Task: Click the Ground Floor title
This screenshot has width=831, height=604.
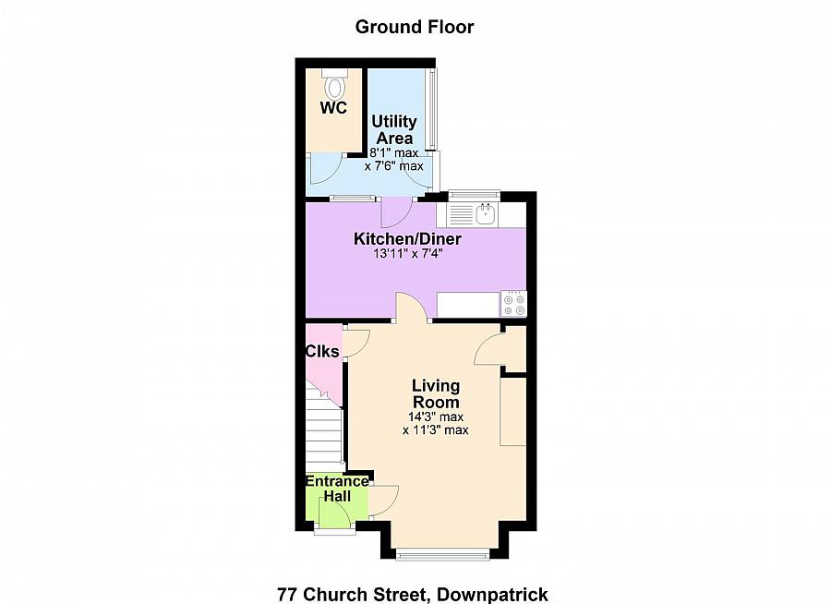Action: click(x=415, y=27)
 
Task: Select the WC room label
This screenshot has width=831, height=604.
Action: click(x=333, y=108)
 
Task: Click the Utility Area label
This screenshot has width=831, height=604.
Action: click(x=394, y=129)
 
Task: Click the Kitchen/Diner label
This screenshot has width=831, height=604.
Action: click(x=407, y=239)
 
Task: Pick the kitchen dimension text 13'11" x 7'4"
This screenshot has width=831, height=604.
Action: click(x=407, y=255)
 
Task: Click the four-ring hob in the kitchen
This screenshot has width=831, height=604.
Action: click(x=513, y=304)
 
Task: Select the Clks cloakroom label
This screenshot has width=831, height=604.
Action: click(x=322, y=351)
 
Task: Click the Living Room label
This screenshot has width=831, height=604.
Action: click(x=436, y=393)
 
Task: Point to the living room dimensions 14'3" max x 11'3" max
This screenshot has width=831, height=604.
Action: click(x=437, y=423)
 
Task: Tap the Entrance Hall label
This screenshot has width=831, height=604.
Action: click(x=337, y=489)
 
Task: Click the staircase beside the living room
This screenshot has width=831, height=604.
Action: click(x=325, y=429)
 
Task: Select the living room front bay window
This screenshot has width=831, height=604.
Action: click(x=442, y=554)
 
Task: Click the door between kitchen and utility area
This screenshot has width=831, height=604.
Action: click(x=395, y=211)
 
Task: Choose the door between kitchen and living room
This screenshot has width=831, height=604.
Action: click(x=412, y=308)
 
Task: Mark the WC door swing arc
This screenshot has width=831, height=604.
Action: click(x=325, y=168)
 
